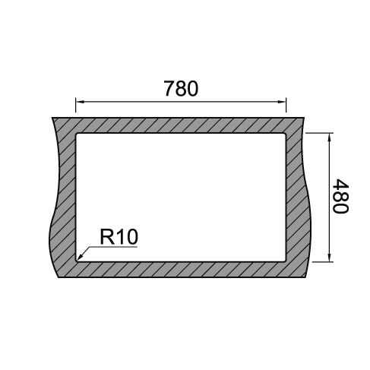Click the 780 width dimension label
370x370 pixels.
point(181,88)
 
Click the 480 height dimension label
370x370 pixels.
point(340,196)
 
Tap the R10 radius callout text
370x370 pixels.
point(119,237)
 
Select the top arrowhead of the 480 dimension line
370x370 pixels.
point(329,137)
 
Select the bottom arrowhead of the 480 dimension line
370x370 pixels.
point(329,258)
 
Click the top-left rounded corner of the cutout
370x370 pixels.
point(77,134)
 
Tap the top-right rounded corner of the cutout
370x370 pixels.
point(285,134)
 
